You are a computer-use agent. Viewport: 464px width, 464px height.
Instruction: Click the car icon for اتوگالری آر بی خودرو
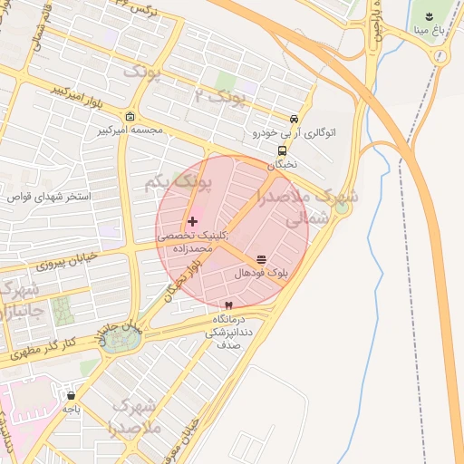pos(295,120)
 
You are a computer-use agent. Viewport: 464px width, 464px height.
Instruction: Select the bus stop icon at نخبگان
pos(282,151)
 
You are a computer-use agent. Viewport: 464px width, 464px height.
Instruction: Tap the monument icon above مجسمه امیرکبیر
pos(130,117)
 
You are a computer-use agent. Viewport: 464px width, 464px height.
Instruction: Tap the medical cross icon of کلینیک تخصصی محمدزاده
pos(192,221)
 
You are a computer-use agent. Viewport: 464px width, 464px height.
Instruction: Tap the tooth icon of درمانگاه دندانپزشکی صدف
pos(227,306)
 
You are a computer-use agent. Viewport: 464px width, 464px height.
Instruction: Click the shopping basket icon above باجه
pos(72,396)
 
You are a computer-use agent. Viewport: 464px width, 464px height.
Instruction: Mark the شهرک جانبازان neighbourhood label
pos(18,303)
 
